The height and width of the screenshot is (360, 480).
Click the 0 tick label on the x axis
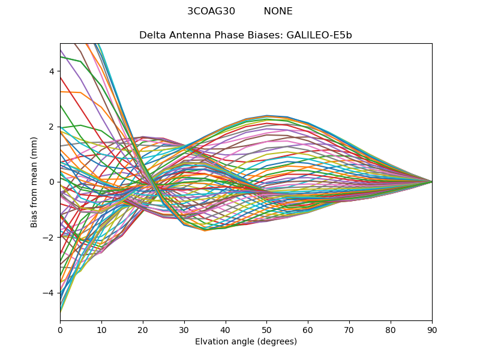(x=60, y=329)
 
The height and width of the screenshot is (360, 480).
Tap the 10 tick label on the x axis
(x=101, y=329)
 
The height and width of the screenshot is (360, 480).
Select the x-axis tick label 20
(x=143, y=329)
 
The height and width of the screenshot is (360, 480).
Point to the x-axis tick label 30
(x=184, y=329)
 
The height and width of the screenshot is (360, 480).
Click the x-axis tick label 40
(x=226, y=329)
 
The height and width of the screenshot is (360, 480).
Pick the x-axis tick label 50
(x=266, y=329)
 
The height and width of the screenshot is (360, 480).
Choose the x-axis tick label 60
(x=308, y=329)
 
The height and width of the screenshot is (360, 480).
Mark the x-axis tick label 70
(x=349, y=329)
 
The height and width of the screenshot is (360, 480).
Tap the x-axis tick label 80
(x=391, y=329)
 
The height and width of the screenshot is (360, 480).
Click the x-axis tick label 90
(x=432, y=329)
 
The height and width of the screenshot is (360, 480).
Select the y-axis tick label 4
(x=51, y=71)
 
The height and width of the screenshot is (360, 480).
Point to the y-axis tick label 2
(x=51, y=127)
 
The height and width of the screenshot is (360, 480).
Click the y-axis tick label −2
(x=49, y=237)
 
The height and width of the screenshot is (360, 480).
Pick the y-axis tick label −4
(x=49, y=293)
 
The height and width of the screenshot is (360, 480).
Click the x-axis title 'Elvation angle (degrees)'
(x=246, y=341)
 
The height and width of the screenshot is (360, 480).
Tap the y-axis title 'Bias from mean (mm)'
(x=34, y=182)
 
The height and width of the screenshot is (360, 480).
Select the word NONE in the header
(x=278, y=11)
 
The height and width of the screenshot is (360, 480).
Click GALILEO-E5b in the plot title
(x=319, y=35)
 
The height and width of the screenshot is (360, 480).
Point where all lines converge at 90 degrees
(x=432, y=182)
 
